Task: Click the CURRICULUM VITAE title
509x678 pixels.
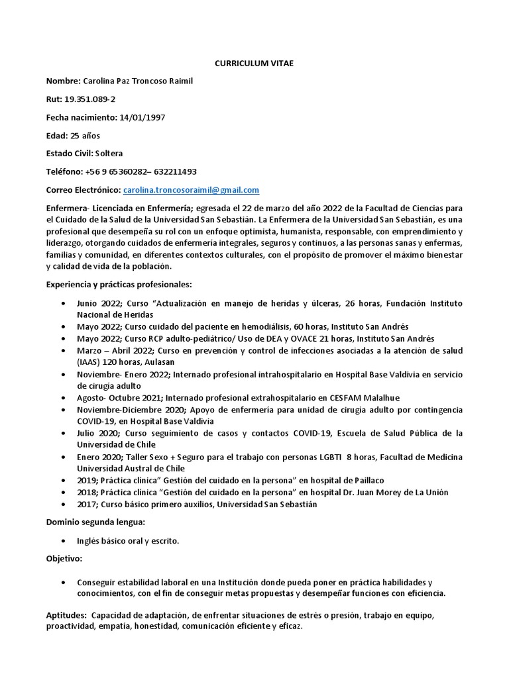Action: click(254, 63)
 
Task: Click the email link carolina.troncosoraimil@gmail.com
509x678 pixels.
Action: click(191, 190)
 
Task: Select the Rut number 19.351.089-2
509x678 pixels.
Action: click(89, 99)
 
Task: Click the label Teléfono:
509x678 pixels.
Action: click(64, 171)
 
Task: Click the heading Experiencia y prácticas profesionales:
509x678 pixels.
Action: click(119, 284)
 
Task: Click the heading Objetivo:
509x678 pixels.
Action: click(64, 559)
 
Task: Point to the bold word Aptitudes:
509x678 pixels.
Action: click(67, 615)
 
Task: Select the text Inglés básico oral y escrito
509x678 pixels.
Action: click(128, 541)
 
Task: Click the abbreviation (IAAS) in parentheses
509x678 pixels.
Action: click(90, 362)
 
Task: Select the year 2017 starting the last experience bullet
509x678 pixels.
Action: click(87, 504)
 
